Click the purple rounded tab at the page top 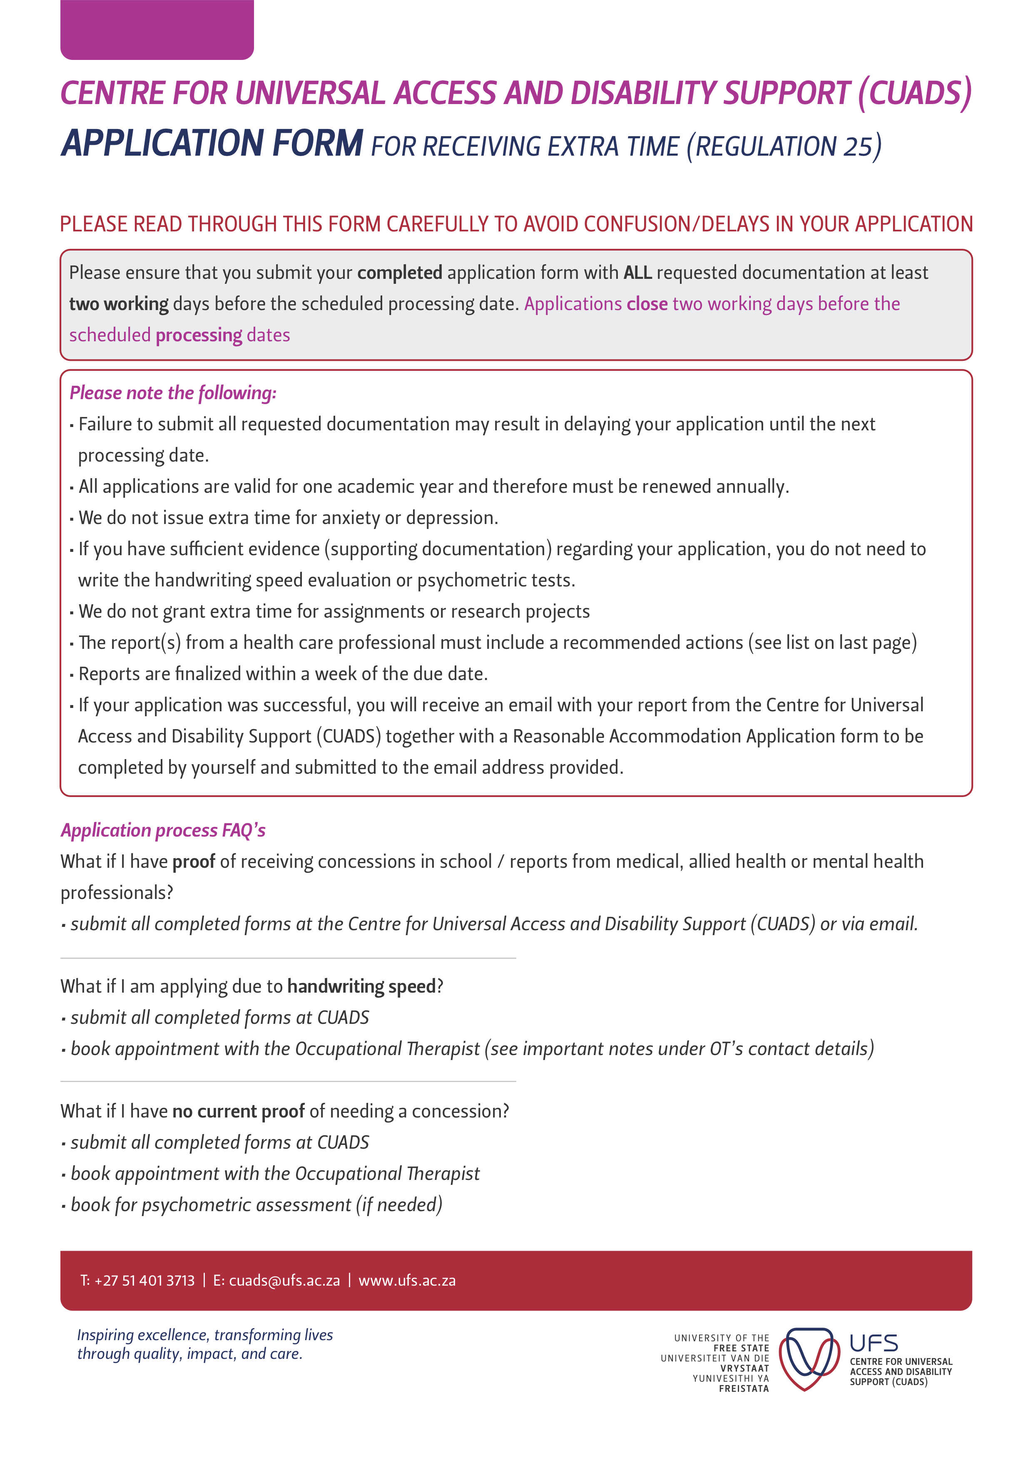(x=157, y=30)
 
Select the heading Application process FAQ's (x=163, y=830)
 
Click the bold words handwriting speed (x=361, y=986)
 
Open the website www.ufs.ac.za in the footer (x=407, y=1280)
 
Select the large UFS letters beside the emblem (x=874, y=1343)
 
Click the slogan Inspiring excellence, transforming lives (x=205, y=1335)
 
